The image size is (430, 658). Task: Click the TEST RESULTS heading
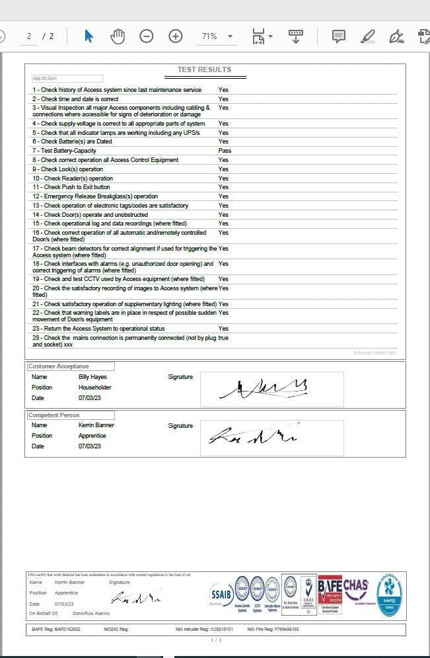(x=204, y=69)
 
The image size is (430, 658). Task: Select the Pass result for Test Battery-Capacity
(x=225, y=151)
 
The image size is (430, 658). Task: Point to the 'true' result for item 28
(x=223, y=337)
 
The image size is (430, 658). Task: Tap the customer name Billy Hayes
(x=92, y=377)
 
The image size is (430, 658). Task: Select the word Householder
(x=95, y=388)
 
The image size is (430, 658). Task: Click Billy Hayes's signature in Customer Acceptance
(x=264, y=389)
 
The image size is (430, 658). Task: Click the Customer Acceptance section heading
(x=59, y=366)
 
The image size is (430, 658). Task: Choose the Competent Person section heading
(x=54, y=415)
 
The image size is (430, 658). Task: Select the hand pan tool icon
(x=118, y=36)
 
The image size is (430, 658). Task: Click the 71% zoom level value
(x=209, y=36)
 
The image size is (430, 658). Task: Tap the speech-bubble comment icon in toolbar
(x=338, y=36)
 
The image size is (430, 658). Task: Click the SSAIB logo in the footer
(x=221, y=592)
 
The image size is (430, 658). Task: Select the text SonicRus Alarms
(x=92, y=613)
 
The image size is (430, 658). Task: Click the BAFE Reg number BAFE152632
(x=67, y=630)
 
